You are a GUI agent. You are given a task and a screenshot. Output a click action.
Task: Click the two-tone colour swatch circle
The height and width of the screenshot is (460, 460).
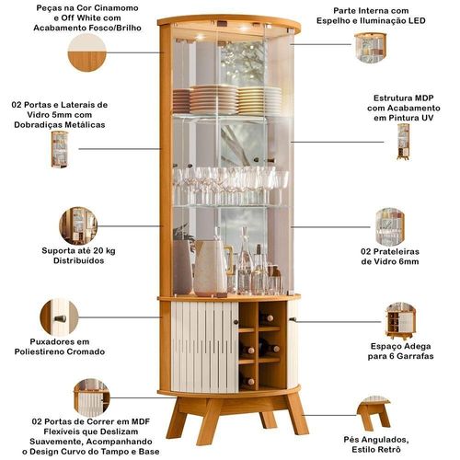pyautogui.click(x=86, y=52)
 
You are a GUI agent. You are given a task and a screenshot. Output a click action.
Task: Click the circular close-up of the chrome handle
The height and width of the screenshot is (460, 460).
pyautogui.click(x=59, y=317)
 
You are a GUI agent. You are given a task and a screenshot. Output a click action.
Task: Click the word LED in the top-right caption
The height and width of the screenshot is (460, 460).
pyautogui.click(x=417, y=20)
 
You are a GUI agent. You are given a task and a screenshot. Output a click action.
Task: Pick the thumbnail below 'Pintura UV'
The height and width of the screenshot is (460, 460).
pyautogui.click(x=403, y=142)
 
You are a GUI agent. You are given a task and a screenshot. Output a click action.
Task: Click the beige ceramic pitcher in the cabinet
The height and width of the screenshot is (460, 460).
pyautogui.click(x=212, y=268)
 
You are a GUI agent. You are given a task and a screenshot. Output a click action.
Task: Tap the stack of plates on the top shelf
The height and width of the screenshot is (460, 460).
pyautogui.click(x=227, y=99)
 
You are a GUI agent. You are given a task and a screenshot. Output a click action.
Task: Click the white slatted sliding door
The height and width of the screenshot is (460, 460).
pyautogui.click(x=205, y=347)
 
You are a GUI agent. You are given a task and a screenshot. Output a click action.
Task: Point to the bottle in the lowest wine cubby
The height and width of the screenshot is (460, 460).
pyautogui.click(x=248, y=381)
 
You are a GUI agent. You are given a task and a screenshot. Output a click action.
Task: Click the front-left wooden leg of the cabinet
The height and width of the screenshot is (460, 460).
pyautogui.click(x=210, y=420)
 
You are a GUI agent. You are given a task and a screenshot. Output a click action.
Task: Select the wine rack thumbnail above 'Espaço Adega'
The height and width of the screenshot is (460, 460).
pyautogui.click(x=400, y=321)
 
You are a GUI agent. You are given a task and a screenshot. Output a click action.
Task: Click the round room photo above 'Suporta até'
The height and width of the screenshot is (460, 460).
pyautogui.click(x=78, y=225)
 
